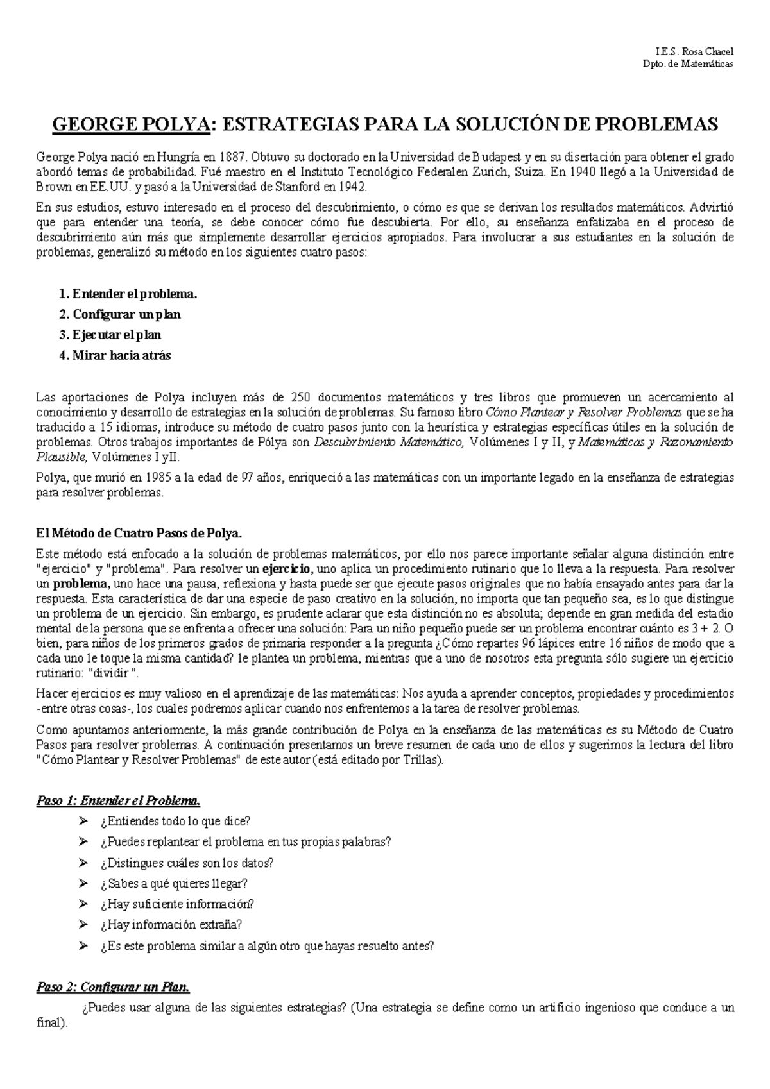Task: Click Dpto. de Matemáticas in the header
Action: (696, 64)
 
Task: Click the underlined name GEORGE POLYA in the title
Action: (132, 124)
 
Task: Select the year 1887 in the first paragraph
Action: (230, 157)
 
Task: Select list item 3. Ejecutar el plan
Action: (119, 335)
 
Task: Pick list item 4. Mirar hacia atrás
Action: (115, 355)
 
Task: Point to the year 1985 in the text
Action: (158, 478)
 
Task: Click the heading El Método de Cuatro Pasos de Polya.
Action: (139, 533)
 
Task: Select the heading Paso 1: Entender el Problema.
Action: (119, 800)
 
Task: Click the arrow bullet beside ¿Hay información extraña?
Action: (82, 924)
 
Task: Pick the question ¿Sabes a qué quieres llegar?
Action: (173, 884)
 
